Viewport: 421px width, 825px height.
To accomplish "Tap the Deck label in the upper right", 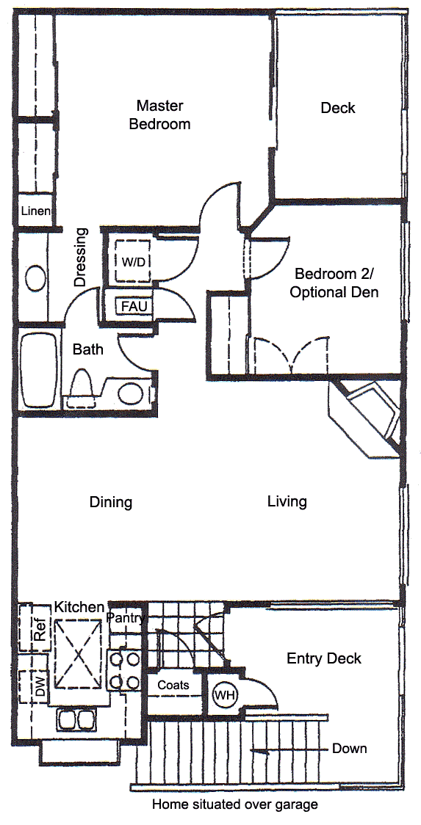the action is pyautogui.click(x=338, y=109).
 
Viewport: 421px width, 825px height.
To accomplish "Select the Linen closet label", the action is pyautogui.click(x=36, y=211).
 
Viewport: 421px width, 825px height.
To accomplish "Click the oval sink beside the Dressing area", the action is pyautogui.click(x=36, y=277).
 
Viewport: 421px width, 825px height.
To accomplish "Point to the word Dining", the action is pyautogui.click(x=110, y=502).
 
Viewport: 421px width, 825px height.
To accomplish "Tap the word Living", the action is pyautogui.click(x=287, y=501).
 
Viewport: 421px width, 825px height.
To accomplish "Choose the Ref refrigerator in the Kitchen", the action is pyautogui.click(x=35, y=628).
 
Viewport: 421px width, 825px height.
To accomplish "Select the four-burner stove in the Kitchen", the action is pyautogui.click(x=124, y=670).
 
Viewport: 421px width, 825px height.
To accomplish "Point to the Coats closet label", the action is pyautogui.click(x=173, y=686).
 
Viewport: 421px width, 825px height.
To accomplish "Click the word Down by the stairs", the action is pyautogui.click(x=349, y=748).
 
